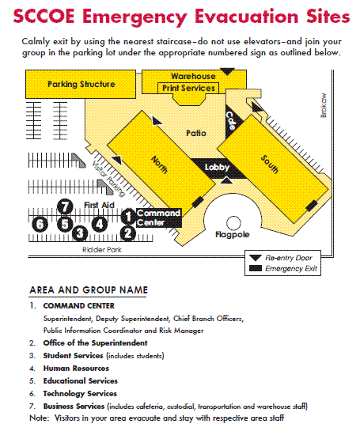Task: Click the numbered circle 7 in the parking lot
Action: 65,206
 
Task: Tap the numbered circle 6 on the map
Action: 40,224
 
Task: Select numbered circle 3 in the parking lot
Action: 80,233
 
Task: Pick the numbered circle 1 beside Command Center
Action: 128,217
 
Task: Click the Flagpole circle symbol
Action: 233,223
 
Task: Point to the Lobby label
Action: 217,168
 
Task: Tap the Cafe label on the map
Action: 231,121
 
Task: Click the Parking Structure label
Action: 81,84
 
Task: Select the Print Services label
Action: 188,89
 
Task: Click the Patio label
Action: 196,133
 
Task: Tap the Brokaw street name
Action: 324,105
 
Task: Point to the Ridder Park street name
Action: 102,250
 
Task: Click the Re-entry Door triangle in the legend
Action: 256,258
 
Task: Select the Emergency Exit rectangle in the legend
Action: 256,268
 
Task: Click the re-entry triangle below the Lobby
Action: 227,180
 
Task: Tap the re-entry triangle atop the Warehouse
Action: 227,71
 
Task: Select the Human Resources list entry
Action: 76,369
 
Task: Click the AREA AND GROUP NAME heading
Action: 89,290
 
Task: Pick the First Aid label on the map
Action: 99,205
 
